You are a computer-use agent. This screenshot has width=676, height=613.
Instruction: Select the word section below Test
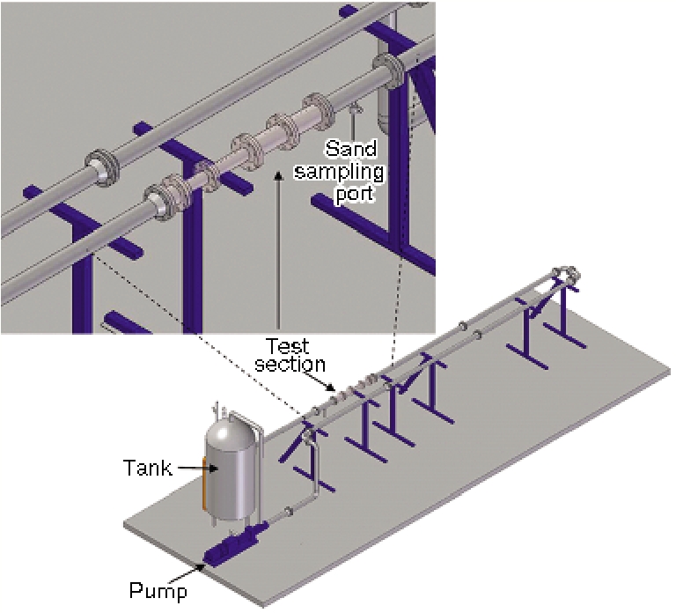coord(297,363)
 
